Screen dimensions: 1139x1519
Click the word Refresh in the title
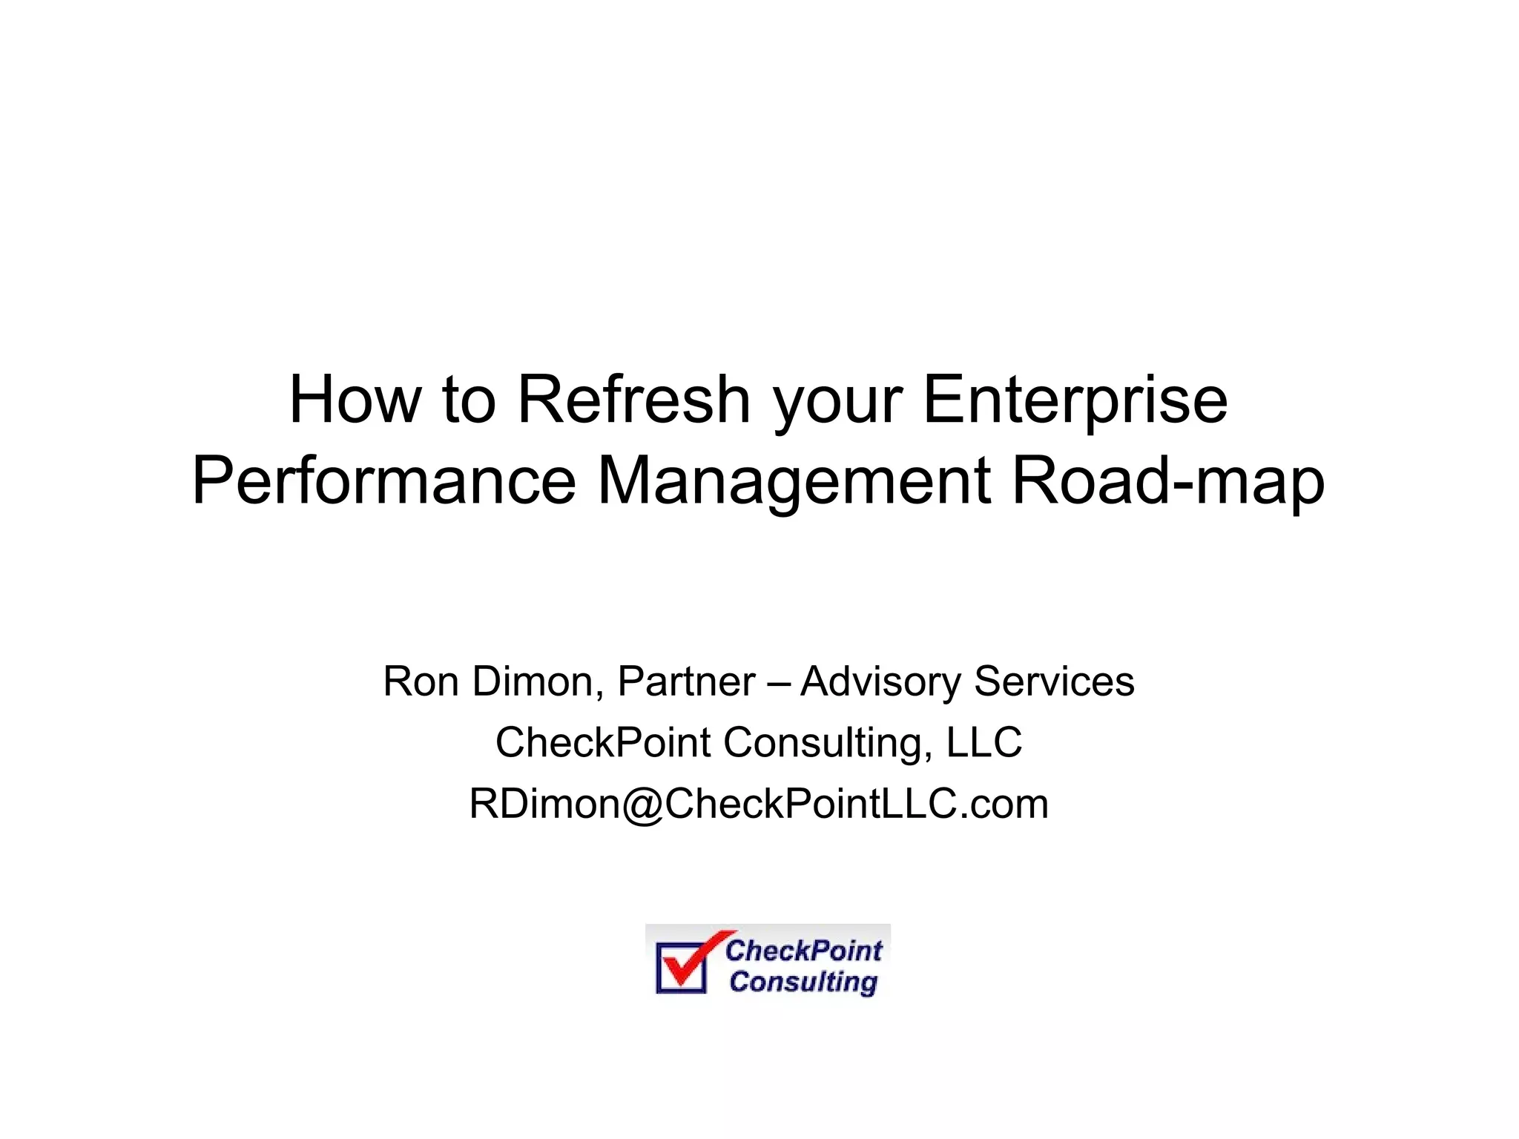point(634,400)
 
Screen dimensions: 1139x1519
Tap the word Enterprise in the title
point(1075,400)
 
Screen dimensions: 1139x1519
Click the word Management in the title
point(794,482)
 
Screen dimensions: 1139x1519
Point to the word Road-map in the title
point(1168,482)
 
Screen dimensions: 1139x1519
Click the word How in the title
point(354,400)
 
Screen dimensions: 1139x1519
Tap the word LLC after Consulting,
point(984,742)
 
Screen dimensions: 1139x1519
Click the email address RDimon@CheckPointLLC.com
point(759,804)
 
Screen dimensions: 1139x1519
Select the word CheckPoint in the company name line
point(603,742)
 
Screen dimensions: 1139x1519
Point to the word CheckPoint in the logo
point(804,950)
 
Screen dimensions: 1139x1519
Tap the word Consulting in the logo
point(803,982)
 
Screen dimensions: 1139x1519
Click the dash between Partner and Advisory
point(778,682)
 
